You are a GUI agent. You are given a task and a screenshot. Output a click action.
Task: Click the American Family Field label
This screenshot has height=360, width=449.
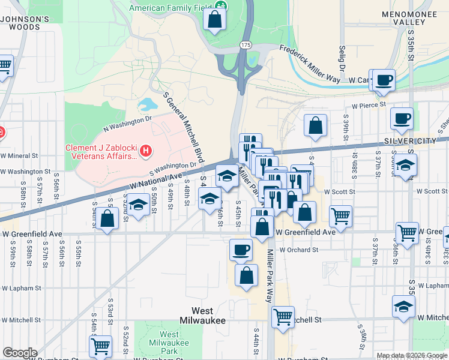(171, 8)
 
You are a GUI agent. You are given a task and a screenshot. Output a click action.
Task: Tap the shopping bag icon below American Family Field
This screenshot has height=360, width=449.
(214, 19)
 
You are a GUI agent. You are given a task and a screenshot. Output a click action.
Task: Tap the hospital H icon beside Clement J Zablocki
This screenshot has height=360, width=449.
(145, 154)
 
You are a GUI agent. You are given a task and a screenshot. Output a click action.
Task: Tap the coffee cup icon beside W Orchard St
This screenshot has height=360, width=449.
(241, 248)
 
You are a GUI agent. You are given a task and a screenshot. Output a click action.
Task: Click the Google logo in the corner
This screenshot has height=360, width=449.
(19, 353)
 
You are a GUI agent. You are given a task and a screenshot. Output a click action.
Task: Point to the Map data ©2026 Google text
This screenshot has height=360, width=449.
(411, 355)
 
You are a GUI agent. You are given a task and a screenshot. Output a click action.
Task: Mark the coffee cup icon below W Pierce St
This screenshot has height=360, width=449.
(402, 118)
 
